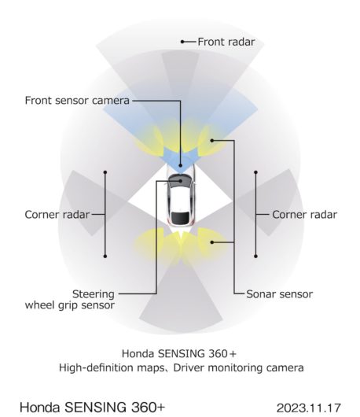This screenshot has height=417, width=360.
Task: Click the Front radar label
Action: (226, 42)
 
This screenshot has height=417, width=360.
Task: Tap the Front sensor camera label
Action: (77, 101)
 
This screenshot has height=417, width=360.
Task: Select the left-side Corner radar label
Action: (57, 215)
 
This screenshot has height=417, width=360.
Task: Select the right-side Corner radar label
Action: (304, 215)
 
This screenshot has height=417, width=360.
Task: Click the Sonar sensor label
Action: (280, 294)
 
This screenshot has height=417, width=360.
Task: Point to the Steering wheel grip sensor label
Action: (70, 300)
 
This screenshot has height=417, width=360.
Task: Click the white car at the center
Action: (181, 197)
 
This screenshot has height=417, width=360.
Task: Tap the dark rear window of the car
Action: (181, 218)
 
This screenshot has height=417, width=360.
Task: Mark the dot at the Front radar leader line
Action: (182, 42)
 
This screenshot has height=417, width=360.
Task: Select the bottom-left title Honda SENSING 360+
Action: (93, 407)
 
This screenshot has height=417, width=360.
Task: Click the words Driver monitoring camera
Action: (239, 367)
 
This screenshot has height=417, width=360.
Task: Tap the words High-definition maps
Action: (112, 367)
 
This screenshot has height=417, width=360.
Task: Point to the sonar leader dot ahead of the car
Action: (211, 140)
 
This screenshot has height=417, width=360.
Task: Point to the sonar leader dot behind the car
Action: (211, 242)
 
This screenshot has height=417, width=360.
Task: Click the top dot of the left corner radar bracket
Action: (105, 172)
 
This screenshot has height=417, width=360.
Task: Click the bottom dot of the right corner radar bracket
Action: (255, 256)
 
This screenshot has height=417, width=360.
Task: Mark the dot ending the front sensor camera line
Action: (181, 165)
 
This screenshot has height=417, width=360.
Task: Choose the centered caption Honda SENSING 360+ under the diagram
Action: (179, 354)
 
